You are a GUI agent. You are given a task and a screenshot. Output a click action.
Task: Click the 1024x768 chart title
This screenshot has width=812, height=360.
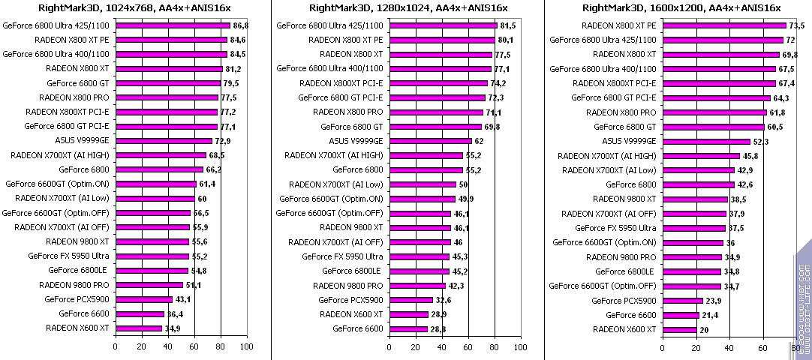click(134, 8)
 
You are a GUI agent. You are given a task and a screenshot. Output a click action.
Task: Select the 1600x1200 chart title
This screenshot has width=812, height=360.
click(681, 8)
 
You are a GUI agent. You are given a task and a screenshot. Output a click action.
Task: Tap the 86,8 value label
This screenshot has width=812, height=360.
click(242, 25)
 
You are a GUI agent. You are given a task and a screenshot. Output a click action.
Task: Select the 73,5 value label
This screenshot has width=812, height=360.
click(797, 25)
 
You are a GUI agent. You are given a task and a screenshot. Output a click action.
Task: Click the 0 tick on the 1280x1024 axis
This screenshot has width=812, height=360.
click(389, 346)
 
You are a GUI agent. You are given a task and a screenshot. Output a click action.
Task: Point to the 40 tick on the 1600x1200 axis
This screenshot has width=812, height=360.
click(730, 346)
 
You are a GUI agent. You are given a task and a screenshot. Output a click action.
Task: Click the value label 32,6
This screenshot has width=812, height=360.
click(444, 300)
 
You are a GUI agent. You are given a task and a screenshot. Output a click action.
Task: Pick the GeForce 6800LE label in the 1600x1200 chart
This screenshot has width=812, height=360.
click(625, 271)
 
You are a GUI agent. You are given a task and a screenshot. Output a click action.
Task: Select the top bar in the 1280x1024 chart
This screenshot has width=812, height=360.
click(443, 25)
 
